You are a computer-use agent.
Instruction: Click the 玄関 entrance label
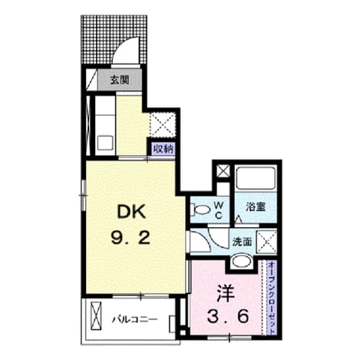click(x=119, y=81)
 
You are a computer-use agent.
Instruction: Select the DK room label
click(x=131, y=212)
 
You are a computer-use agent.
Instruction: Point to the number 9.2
click(x=130, y=237)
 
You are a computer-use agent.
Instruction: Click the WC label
click(x=218, y=210)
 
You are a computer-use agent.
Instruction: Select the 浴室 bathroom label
click(x=256, y=206)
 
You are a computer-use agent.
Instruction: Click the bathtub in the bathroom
click(x=256, y=178)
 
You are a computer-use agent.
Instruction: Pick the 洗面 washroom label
click(x=242, y=242)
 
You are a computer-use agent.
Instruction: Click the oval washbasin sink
click(x=242, y=261)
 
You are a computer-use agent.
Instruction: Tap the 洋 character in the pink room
click(x=226, y=294)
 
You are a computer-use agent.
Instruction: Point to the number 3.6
click(x=227, y=317)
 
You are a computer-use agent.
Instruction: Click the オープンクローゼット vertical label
click(x=272, y=297)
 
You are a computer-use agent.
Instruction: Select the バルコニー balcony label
click(x=134, y=319)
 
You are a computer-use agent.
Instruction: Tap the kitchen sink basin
click(x=105, y=144)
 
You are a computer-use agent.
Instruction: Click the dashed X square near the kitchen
click(x=162, y=125)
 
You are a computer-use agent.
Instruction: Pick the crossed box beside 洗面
click(x=266, y=242)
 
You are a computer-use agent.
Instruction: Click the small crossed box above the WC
click(x=223, y=170)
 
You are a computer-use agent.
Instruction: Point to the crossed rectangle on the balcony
click(x=97, y=316)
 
